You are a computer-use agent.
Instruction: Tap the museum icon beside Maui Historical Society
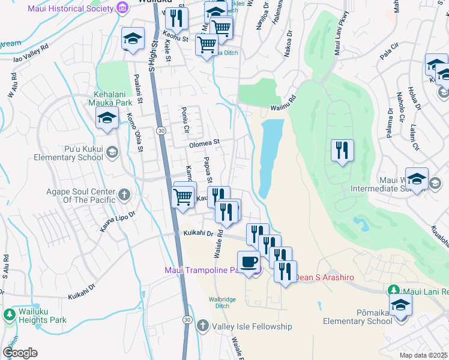tap(123, 8)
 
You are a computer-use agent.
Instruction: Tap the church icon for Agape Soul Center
tap(124, 194)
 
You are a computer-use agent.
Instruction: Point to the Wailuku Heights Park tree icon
tap(10, 314)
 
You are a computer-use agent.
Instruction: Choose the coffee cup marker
tap(249, 262)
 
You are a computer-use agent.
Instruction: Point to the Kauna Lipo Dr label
tap(115, 217)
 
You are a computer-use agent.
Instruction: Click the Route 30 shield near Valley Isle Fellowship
tap(188, 321)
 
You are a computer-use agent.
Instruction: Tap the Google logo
tap(20, 352)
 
